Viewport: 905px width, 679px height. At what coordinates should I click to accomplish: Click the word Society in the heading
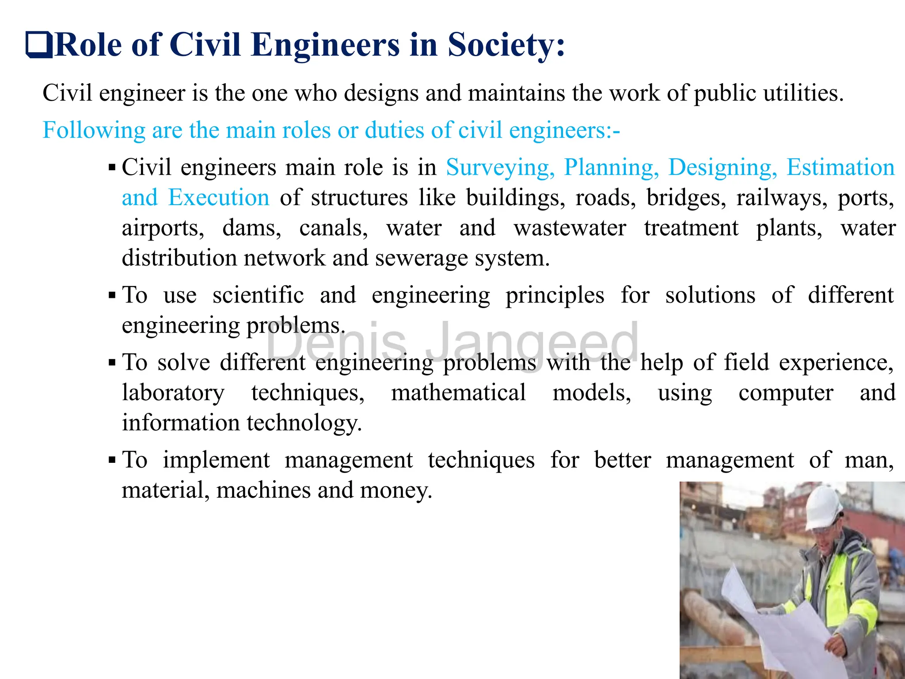point(506,45)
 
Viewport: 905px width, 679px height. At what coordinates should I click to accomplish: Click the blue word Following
point(94,130)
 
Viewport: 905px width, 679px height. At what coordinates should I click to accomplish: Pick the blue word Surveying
point(500,168)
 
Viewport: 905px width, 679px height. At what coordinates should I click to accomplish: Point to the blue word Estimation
point(840,168)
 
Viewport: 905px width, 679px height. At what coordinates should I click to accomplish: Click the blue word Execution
point(219,198)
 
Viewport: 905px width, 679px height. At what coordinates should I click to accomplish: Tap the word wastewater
point(570,228)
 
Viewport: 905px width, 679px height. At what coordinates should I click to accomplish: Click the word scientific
point(258,295)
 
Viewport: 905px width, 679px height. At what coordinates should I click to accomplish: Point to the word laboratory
point(173,393)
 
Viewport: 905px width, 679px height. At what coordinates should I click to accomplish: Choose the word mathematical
point(458,393)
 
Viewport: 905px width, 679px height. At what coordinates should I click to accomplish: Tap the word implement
point(216,460)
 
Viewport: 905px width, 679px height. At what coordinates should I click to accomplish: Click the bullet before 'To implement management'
point(112,460)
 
